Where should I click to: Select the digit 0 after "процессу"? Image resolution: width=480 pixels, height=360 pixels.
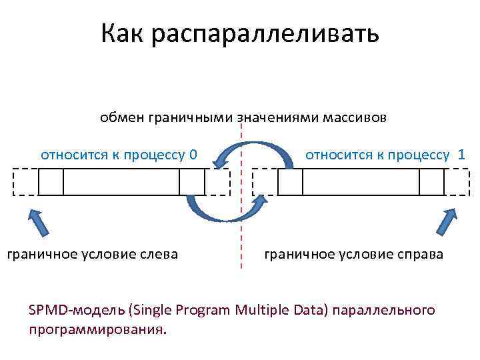(193, 156)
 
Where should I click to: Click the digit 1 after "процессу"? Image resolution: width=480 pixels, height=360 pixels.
(461, 155)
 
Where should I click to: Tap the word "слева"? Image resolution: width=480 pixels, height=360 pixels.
(158, 253)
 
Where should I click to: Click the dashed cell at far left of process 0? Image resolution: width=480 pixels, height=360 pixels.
(26, 182)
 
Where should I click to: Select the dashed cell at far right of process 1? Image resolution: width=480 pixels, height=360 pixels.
(455, 182)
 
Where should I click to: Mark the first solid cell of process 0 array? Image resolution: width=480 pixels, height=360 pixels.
(51, 182)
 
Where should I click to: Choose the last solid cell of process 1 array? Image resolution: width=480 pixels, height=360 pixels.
(431, 182)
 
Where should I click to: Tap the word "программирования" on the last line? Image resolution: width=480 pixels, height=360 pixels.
(95, 330)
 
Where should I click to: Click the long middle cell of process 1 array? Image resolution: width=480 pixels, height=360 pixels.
(361, 182)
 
